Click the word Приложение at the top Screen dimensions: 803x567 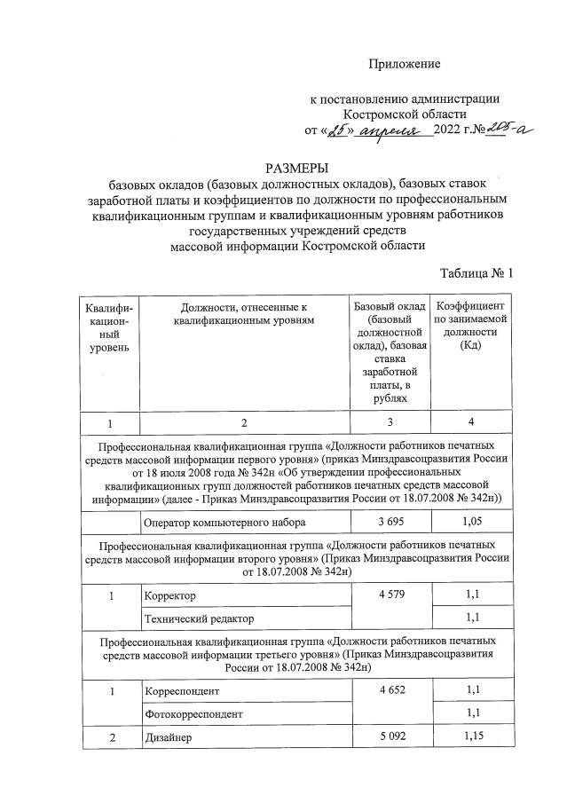coord(405,64)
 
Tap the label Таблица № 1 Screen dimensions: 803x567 coord(476,272)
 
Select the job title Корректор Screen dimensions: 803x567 coord(169,596)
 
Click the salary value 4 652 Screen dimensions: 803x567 coord(390,690)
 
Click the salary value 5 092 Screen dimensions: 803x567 coord(390,736)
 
